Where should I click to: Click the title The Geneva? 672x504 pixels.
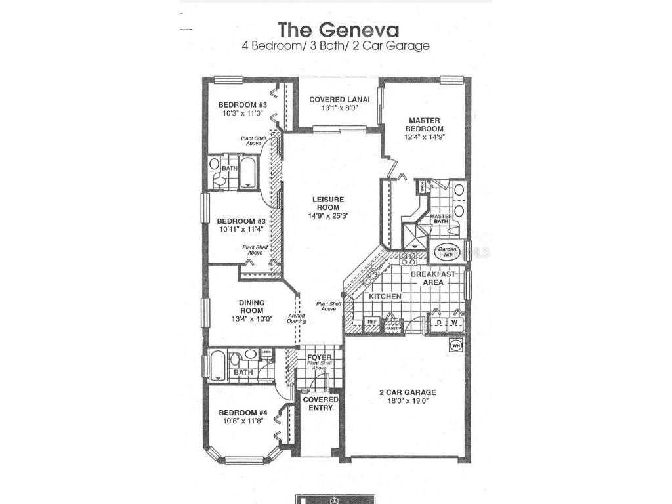[338, 30]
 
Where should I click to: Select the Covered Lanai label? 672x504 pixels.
[339, 100]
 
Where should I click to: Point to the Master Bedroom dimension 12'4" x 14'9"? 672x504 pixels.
[425, 138]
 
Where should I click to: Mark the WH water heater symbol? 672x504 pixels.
[455, 345]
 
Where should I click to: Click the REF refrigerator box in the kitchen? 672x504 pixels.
[372, 322]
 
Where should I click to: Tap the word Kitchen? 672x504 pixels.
[385, 297]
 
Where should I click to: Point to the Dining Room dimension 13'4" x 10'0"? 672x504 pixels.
[251, 319]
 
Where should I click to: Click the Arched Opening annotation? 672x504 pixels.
[295, 318]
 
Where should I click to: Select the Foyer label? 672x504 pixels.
[320, 357]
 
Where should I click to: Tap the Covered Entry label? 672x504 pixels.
[320, 404]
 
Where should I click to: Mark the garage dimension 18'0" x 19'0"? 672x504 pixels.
[407, 402]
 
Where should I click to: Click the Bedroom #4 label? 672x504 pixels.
[242, 413]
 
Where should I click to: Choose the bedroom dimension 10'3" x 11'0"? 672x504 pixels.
[242, 114]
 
